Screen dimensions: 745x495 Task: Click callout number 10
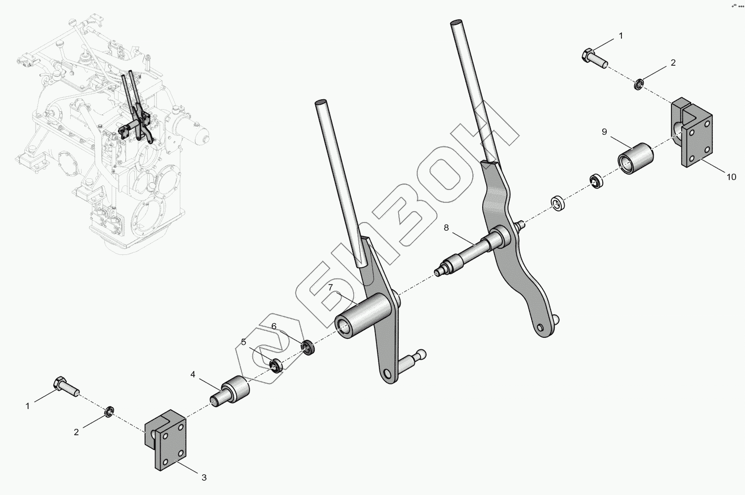731,177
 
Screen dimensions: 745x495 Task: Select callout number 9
604,131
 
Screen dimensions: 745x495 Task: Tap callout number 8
446,228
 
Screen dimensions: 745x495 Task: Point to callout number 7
331,288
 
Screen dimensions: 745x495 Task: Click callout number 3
204,478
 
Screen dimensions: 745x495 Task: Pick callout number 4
193,374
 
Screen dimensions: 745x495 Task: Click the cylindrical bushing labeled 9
635,158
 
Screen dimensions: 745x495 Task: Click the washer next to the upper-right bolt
638,84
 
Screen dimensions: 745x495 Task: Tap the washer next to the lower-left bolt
110,411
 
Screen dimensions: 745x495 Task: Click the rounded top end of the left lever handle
321,103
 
